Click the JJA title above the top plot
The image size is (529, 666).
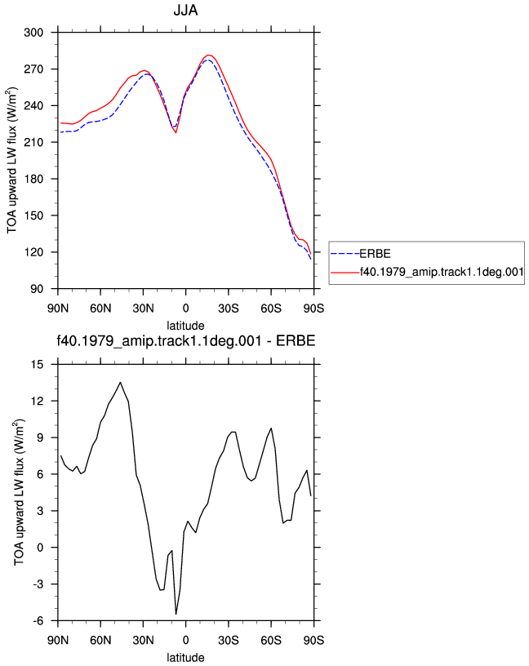[185, 10]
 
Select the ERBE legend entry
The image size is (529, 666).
[375, 254]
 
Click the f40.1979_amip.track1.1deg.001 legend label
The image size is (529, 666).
[442, 272]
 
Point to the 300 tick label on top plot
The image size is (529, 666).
[33, 33]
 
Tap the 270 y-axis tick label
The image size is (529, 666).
[33, 69]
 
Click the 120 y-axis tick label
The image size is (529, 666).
[33, 252]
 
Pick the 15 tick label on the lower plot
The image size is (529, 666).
[38, 365]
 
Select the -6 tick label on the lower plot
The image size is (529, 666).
[38, 621]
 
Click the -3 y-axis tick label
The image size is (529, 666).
[38, 584]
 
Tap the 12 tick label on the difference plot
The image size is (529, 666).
[38, 401]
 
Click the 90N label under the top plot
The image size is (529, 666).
[58, 309]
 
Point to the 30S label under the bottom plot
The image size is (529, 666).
[229, 641]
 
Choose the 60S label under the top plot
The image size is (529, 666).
[271, 309]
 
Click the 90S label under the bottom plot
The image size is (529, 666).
[313, 641]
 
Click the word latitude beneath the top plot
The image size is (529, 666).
[185, 326]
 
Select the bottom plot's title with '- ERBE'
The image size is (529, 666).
[186, 340]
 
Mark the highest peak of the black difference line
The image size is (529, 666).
[120, 382]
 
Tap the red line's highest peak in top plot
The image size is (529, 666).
[208, 55]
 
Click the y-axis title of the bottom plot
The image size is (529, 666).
[20, 492]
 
